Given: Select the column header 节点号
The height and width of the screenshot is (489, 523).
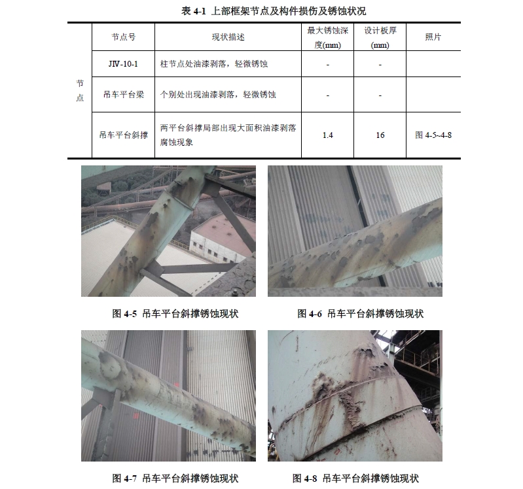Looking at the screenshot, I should (123, 38).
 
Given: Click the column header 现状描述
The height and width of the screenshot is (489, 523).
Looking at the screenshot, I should (227, 38).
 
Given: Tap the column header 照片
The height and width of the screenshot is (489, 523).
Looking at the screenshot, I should (433, 38).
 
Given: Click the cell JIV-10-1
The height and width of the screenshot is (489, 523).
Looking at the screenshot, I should (123, 65).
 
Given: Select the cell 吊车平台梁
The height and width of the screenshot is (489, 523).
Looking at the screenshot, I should (123, 95).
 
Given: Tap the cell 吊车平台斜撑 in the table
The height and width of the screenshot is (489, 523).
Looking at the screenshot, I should (123, 135).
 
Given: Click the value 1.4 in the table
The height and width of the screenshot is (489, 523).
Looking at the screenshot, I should (328, 135).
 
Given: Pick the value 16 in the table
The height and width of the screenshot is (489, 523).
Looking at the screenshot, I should (380, 135).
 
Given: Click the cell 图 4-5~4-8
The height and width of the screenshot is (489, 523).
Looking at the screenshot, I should (433, 135).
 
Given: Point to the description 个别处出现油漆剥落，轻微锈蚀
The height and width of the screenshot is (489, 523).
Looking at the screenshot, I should (218, 95).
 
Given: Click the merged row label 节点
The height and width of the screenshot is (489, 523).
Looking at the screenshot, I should (79, 91).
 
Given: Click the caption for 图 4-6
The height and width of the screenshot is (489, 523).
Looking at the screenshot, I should (361, 314).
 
